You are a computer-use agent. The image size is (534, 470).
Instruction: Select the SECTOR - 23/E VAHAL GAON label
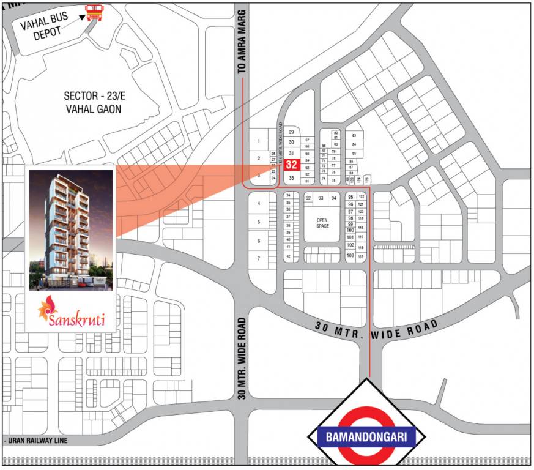[93, 102]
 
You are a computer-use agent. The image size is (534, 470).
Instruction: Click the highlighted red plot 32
[291, 165]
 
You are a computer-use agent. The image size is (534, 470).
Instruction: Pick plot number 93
[321, 198]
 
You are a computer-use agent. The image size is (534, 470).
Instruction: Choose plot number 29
[292, 132]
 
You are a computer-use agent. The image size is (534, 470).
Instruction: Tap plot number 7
[259, 258]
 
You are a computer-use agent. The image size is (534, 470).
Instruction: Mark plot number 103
[350, 255]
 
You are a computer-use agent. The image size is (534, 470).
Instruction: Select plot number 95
[350, 197]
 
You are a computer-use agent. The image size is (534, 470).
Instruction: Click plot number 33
[292, 178]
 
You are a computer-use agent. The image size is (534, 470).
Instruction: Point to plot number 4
[259, 203]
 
